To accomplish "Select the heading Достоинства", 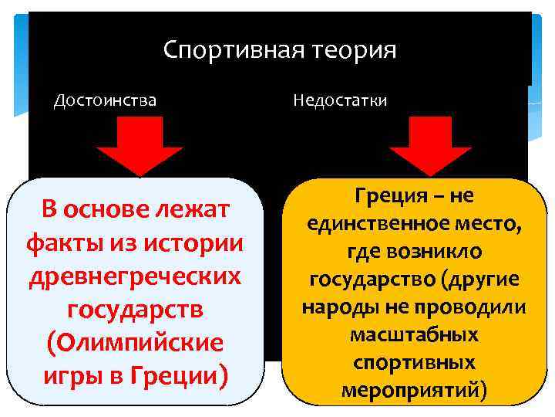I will tap(105, 100).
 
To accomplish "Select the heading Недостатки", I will tap(340, 101).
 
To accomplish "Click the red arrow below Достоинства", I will tap(139, 151).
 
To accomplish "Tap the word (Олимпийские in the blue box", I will tap(136, 343).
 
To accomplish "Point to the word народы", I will tap(334, 307).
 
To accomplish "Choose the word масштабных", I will tap(414, 334).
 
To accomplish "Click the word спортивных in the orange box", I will tap(414, 362).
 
